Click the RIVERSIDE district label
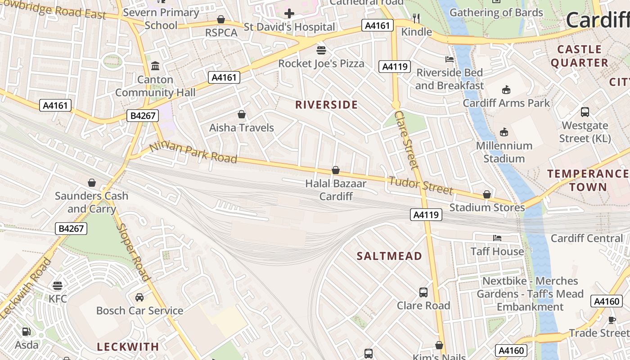326,105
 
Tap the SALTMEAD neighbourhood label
389,256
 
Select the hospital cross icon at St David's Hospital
289,13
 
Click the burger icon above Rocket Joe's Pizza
321,49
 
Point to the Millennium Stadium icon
504,132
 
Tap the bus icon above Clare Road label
423,292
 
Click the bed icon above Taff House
497,238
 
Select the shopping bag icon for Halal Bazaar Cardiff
335,170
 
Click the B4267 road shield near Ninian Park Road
143,116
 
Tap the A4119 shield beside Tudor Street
426,215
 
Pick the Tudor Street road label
420,185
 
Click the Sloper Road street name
133,252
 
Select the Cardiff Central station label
586,238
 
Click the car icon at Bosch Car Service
139,297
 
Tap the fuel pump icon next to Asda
27,332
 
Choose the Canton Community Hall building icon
155,66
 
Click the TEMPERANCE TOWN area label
587,180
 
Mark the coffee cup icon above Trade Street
612,320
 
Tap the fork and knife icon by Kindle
416,18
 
